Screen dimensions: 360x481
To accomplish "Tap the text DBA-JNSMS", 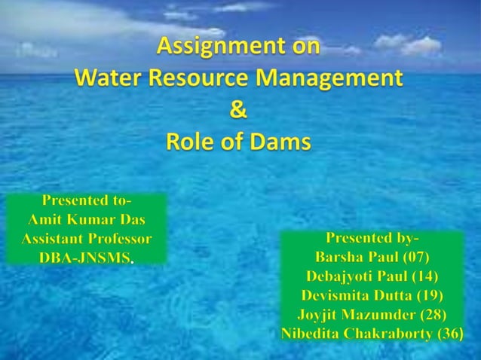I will point(84,258).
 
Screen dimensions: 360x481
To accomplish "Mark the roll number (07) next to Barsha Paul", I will point(415,258).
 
